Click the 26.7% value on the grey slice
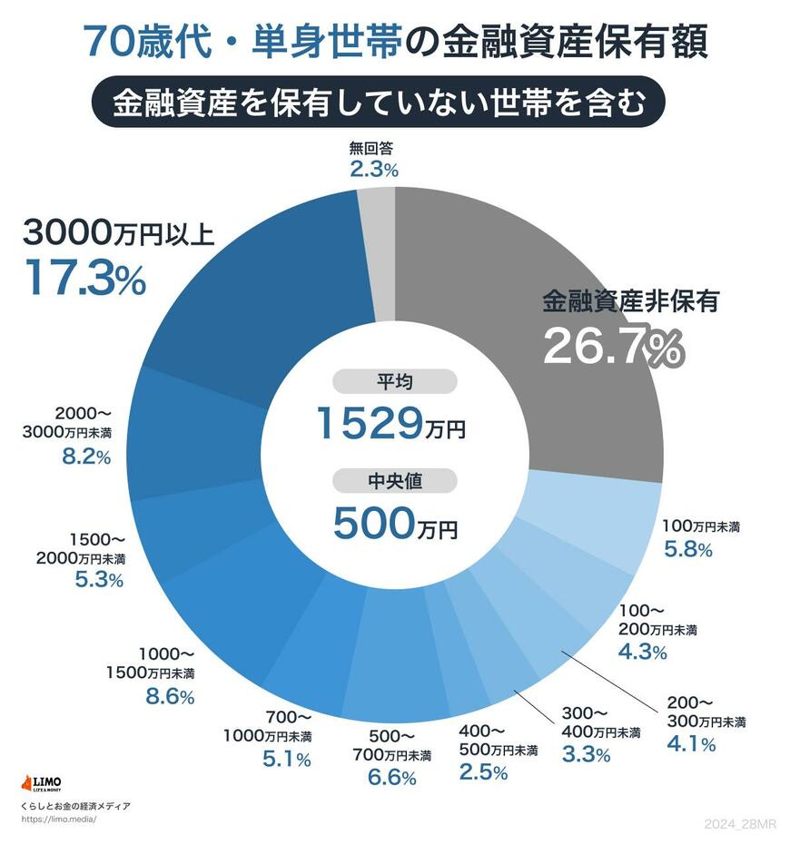(611, 346)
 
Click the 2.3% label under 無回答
(373, 169)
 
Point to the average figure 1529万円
(390, 422)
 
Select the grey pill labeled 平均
(395, 381)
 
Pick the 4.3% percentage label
(642, 651)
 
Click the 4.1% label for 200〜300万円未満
(691, 744)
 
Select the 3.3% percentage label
(586, 753)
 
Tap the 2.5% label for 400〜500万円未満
(483, 771)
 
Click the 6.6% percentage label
(391, 777)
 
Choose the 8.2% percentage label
(86, 457)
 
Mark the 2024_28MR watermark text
(740, 823)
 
